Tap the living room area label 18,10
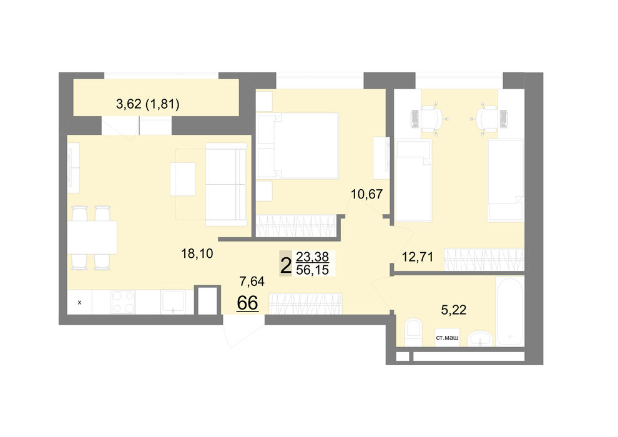click(x=197, y=253)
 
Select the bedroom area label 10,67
click(x=366, y=194)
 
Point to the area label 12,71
click(x=418, y=257)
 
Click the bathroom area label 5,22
click(x=454, y=310)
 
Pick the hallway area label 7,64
click(x=252, y=281)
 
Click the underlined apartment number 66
click(x=248, y=303)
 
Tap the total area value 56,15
click(x=312, y=270)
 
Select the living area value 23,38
click(x=312, y=257)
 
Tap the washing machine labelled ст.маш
click(x=447, y=337)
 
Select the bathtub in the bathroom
click(x=510, y=312)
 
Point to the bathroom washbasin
click(x=480, y=339)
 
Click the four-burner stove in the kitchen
click(x=123, y=302)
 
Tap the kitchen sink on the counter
click(x=173, y=302)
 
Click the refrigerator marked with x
click(x=80, y=302)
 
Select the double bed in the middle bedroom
click(x=298, y=146)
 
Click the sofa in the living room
click(x=226, y=184)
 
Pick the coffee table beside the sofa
click(x=182, y=179)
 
